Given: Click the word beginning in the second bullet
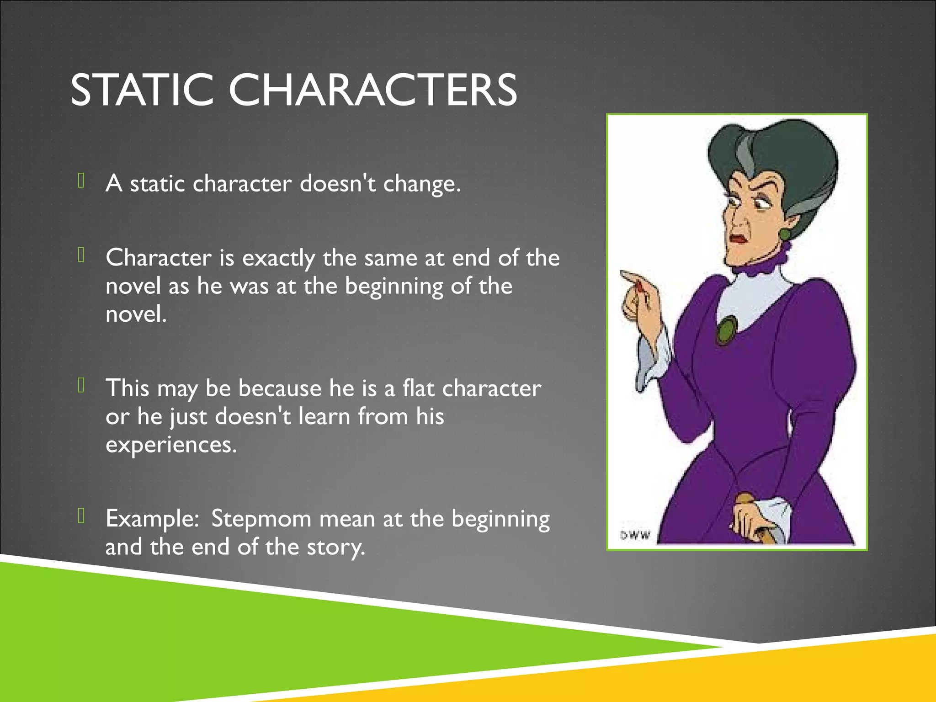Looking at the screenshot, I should coord(394,287).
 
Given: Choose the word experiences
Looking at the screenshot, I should coord(171,445).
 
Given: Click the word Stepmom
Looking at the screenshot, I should coord(261,519).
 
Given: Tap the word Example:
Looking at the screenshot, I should coord(152,519).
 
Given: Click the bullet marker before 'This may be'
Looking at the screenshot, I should coord(81,385).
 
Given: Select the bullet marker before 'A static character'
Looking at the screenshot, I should coord(81,181).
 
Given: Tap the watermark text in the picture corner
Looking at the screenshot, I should coord(635,535).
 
